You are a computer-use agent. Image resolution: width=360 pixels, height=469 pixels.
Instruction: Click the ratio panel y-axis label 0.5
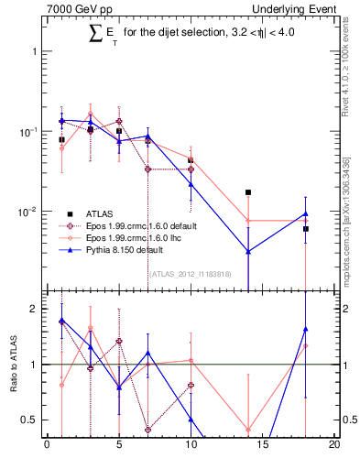tap(30, 420)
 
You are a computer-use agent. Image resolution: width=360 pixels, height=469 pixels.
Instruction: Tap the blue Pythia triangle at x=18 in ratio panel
tap(306, 329)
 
